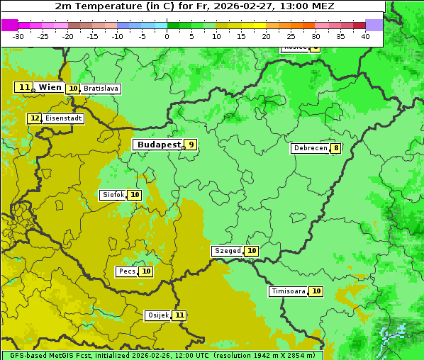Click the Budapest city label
(x=159, y=145)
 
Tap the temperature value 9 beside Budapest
(x=190, y=145)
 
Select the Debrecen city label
(x=310, y=149)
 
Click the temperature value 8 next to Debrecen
(x=335, y=149)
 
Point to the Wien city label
(x=50, y=87)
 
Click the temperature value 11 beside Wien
(x=24, y=87)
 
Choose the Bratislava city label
(x=100, y=89)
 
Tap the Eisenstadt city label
(x=63, y=118)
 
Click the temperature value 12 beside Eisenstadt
(x=35, y=118)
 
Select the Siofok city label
(x=113, y=195)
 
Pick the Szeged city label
(x=228, y=251)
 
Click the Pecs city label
(x=127, y=271)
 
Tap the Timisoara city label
(x=289, y=291)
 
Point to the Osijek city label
(x=158, y=315)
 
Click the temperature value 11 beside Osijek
(x=179, y=315)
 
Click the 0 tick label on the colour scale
(x=167, y=36)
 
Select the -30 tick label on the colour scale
(x=18, y=36)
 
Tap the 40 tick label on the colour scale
(x=365, y=36)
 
